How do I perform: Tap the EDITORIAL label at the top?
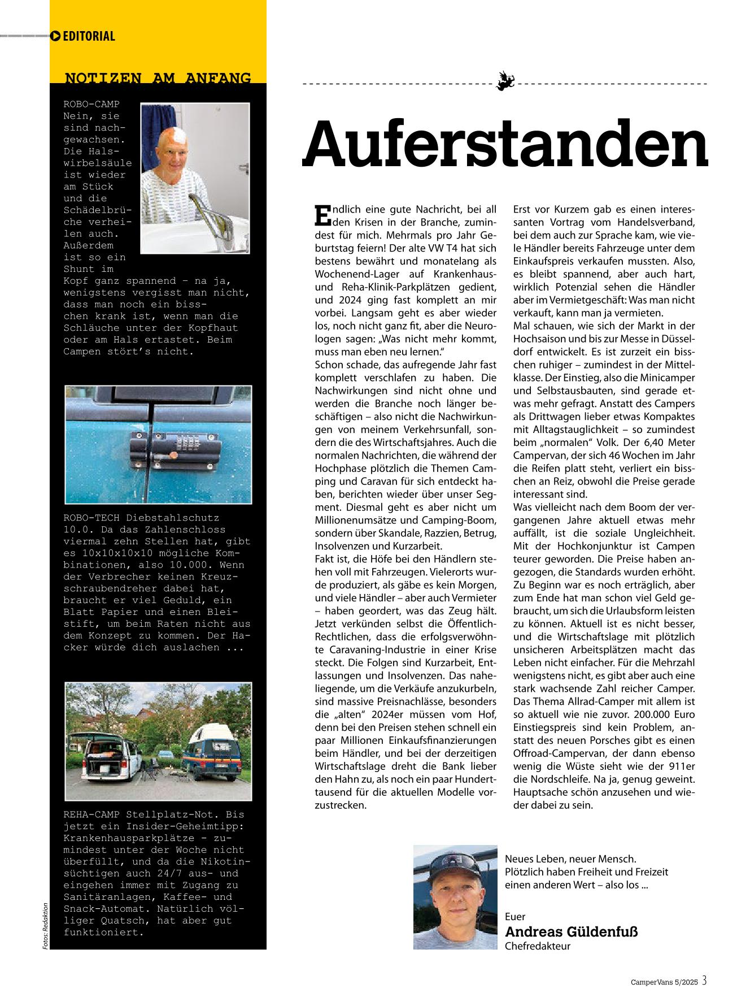tap(89, 36)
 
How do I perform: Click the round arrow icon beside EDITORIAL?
tap(55, 36)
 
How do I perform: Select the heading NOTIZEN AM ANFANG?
tap(158, 78)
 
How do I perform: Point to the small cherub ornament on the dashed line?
tap(504, 82)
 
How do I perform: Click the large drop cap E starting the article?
tap(321, 215)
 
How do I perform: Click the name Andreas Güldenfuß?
tap(571, 932)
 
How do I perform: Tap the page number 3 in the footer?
tap(704, 981)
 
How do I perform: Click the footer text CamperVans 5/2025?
tap(665, 982)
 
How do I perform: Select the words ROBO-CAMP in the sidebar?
tap(91, 104)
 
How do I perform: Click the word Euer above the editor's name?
tap(515, 917)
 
